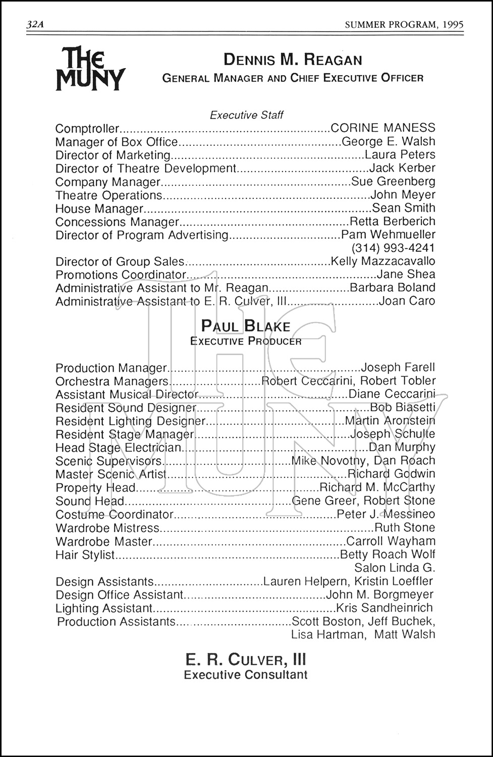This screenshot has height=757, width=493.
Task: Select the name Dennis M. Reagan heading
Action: (x=293, y=60)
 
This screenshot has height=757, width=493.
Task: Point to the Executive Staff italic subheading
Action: (x=247, y=115)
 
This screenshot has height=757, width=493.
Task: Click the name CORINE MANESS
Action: (x=383, y=128)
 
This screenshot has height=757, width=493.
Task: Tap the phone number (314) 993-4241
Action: (x=393, y=248)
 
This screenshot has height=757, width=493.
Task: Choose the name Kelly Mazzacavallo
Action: (x=382, y=261)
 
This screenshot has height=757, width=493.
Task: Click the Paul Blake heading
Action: (x=246, y=326)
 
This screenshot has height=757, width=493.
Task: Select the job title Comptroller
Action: (x=87, y=129)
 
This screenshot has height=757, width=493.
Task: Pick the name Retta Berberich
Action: (x=392, y=221)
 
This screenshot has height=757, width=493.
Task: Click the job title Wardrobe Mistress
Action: (x=107, y=528)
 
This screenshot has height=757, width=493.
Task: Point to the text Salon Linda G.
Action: (x=395, y=568)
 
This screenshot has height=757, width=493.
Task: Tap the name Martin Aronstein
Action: (x=390, y=420)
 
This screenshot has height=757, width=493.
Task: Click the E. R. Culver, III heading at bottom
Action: (x=246, y=660)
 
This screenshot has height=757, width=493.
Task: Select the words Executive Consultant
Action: (x=246, y=675)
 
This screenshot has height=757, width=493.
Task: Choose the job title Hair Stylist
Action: (x=85, y=555)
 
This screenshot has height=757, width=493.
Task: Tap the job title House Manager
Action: (x=99, y=208)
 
